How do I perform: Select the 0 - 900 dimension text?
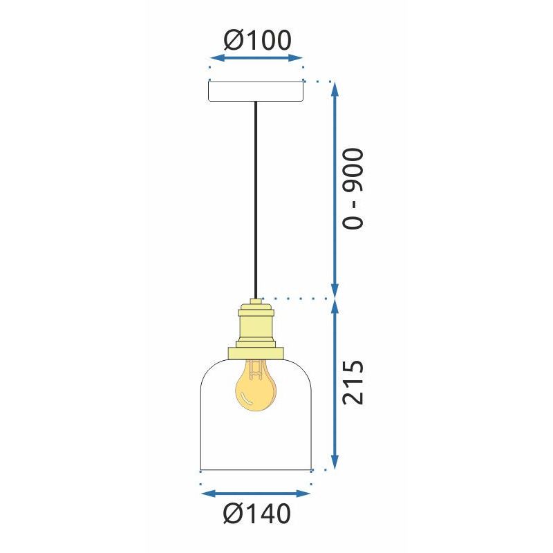click(x=353, y=188)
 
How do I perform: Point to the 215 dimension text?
click(x=353, y=382)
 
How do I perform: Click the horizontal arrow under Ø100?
click(x=256, y=59)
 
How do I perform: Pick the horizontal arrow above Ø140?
click(x=256, y=494)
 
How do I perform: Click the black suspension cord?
click(x=256, y=200)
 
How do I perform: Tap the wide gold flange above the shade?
click(x=256, y=353)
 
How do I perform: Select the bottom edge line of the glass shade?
click(x=256, y=469)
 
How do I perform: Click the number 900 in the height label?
click(x=353, y=169)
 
